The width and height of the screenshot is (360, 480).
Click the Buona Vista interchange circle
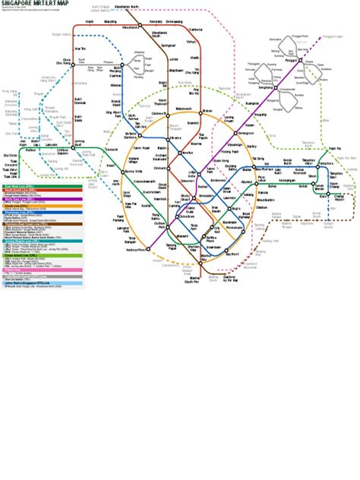[x=122, y=172]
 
